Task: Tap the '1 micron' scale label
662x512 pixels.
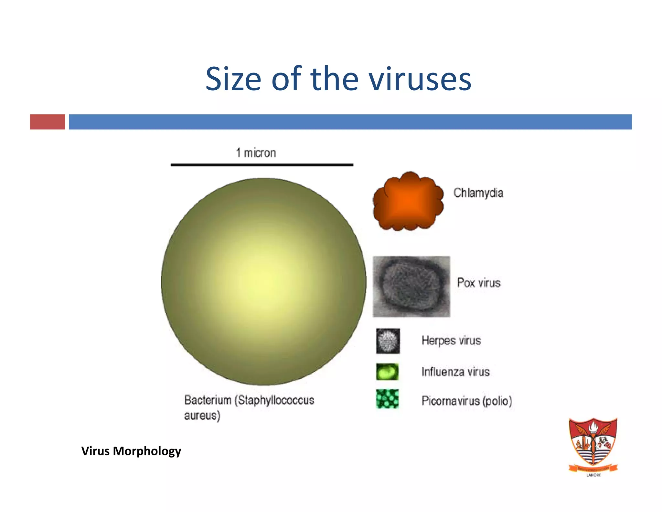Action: [x=256, y=153]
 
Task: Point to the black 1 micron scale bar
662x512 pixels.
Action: [x=262, y=165]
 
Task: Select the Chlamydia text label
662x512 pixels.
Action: [x=478, y=193]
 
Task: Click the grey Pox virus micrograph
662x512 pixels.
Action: [x=411, y=286]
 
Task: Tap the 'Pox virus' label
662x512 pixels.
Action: [x=478, y=283]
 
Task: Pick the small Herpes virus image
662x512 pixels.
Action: [x=388, y=341]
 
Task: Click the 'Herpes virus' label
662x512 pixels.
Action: [x=451, y=340]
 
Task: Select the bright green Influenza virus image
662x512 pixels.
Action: [x=387, y=372]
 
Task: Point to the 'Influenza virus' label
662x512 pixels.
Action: [x=455, y=372]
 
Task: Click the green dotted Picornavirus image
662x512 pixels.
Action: [x=387, y=399]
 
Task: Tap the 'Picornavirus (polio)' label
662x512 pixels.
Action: [x=466, y=401]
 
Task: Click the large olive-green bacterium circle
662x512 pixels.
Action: [x=263, y=282]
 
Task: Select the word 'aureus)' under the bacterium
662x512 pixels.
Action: [x=202, y=415]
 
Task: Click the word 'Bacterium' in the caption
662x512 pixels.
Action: [x=208, y=400]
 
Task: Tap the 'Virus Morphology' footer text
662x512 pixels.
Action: [x=131, y=451]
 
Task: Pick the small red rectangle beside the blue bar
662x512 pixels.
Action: [x=48, y=122]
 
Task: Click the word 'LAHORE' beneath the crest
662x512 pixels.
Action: [x=593, y=475]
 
